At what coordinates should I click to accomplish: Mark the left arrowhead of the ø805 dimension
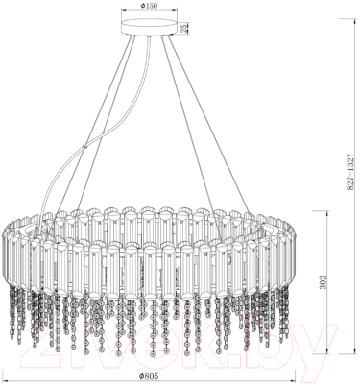click(5, 375)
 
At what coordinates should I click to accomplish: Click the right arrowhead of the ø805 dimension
click(299, 375)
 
